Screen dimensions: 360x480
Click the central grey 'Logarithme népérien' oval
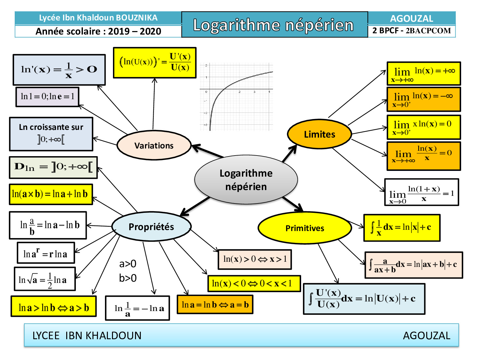tap(246, 180)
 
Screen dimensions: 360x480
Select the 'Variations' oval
tap(154, 146)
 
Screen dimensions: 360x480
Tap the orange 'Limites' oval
tap(319, 134)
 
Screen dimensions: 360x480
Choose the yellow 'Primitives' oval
tap(305, 228)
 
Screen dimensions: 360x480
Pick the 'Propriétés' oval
tap(151, 227)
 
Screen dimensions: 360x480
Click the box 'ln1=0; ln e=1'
tap(47, 96)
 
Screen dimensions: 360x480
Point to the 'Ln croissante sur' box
tap(51, 134)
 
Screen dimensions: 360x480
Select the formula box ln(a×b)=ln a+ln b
tap(51, 194)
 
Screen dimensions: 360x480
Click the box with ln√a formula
tap(45, 279)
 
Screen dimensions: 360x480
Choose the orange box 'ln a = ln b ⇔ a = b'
tap(215, 304)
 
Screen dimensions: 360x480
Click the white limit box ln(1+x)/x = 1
tap(421, 192)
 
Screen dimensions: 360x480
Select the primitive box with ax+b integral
tap(414, 265)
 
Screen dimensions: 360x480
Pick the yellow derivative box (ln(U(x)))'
tap(155, 63)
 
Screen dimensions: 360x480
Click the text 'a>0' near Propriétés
tap(128, 264)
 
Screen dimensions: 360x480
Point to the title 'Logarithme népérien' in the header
tap(274, 25)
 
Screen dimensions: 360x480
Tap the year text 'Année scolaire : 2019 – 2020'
tap(98, 31)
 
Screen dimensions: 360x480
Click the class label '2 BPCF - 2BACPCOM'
tap(412, 31)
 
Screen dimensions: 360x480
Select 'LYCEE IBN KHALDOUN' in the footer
tap(87, 335)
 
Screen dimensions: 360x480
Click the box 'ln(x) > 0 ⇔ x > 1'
tap(255, 259)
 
